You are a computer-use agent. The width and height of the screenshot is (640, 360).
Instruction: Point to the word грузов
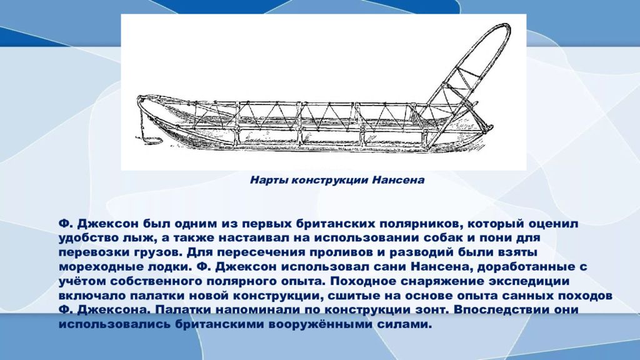[x=158, y=252]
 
